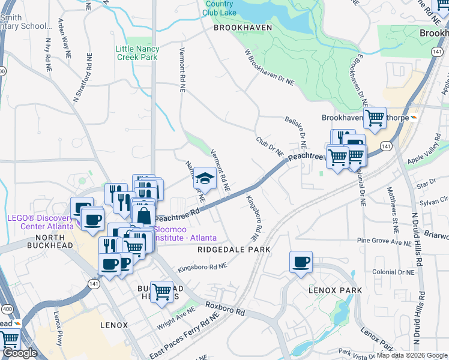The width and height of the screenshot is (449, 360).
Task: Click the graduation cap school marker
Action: [x=205, y=177]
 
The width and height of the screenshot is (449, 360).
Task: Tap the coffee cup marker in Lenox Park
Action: [x=301, y=261]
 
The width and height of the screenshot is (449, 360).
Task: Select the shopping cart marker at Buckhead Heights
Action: [x=161, y=292]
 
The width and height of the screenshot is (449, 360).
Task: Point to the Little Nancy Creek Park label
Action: [x=137, y=53]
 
